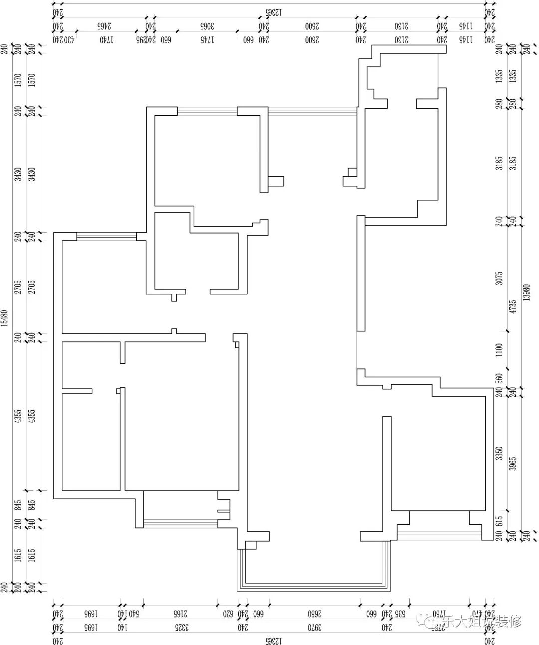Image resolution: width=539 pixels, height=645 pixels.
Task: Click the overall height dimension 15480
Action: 4,317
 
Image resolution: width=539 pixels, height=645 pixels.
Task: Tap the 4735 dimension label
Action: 512,306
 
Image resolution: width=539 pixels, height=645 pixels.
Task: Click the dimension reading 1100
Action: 499,350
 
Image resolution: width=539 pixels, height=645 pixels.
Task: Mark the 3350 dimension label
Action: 499,453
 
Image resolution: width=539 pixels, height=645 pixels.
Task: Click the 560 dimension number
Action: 499,378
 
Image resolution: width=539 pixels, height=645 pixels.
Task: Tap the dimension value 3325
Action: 181,627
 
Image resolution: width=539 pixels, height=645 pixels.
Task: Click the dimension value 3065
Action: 207,25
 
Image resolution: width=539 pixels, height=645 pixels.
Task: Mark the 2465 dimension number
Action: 104,25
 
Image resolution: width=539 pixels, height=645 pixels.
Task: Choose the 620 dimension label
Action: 228,613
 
